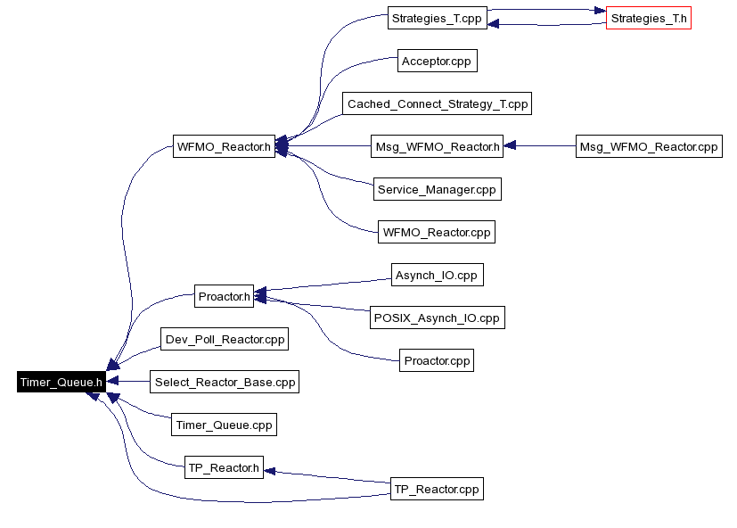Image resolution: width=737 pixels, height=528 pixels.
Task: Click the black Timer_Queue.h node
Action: click(x=61, y=383)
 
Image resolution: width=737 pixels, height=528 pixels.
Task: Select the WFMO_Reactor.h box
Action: click(x=224, y=147)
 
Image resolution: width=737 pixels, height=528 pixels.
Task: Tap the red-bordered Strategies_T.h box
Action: click(x=649, y=19)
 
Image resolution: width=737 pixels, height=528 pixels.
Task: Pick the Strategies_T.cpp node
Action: click(x=438, y=19)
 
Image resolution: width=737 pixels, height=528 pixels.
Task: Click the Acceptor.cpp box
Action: click(x=437, y=62)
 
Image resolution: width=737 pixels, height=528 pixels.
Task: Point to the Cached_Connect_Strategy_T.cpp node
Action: click(x=438, y=104)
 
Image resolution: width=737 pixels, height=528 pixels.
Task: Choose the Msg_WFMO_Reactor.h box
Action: click(x=437, y=147)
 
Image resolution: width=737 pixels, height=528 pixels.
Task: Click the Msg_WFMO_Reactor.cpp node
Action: click(x=648, y=147)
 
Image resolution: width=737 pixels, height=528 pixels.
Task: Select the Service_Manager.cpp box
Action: click(x=437, y=190)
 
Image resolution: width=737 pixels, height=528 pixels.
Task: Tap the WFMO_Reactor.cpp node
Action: click(x=437, y=233)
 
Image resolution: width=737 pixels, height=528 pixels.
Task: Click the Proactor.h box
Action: click(x=224, y=296)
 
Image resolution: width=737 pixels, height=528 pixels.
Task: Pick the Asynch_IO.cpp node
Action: click(x=437, y=276)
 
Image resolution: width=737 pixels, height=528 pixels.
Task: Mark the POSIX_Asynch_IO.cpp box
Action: click(x=437, y=318)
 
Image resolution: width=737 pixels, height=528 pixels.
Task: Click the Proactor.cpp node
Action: click(x=437, y=361)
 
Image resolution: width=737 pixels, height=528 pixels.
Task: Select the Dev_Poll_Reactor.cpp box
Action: click(x=224, y=340)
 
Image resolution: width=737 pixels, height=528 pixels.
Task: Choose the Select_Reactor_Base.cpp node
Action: click(x=224, y=383)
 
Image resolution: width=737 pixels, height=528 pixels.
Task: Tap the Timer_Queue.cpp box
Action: click(x=224, y=425)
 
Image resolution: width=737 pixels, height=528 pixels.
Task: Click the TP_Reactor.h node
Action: click(x=224, y=468)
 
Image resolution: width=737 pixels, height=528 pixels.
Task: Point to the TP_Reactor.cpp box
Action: click(x=437, y=490)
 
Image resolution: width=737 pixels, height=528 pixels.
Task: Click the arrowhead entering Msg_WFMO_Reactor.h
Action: click(x=510, y=147)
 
